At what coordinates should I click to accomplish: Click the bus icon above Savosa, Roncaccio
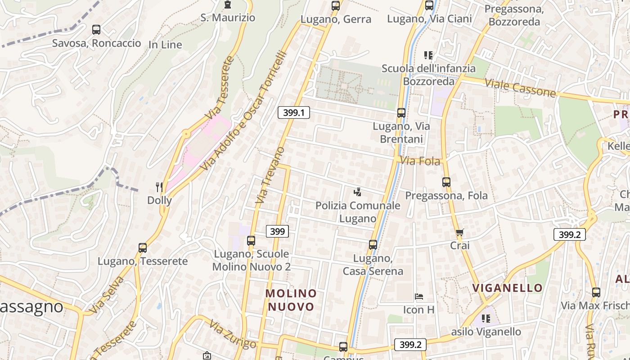96,30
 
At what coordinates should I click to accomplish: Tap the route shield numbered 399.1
294,112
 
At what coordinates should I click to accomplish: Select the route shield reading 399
277,232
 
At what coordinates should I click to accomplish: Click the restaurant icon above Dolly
159,186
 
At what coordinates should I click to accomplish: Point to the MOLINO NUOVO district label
291,300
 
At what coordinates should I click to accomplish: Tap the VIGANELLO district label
507,288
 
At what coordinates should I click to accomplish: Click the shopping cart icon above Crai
459,233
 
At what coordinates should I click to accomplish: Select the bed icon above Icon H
419,297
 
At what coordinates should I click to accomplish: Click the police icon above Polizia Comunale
357,192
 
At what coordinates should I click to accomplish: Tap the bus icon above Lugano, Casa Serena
373,244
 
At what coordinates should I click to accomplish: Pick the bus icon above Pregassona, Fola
446,182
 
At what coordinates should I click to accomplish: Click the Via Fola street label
420,161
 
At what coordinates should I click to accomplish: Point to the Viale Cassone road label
520,88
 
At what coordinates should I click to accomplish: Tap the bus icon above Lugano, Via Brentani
401,113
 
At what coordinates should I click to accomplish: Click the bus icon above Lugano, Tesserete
143,248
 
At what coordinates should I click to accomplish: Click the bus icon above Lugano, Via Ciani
429,5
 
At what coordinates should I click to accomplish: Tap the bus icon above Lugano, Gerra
336,6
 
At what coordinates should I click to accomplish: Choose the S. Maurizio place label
228,18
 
